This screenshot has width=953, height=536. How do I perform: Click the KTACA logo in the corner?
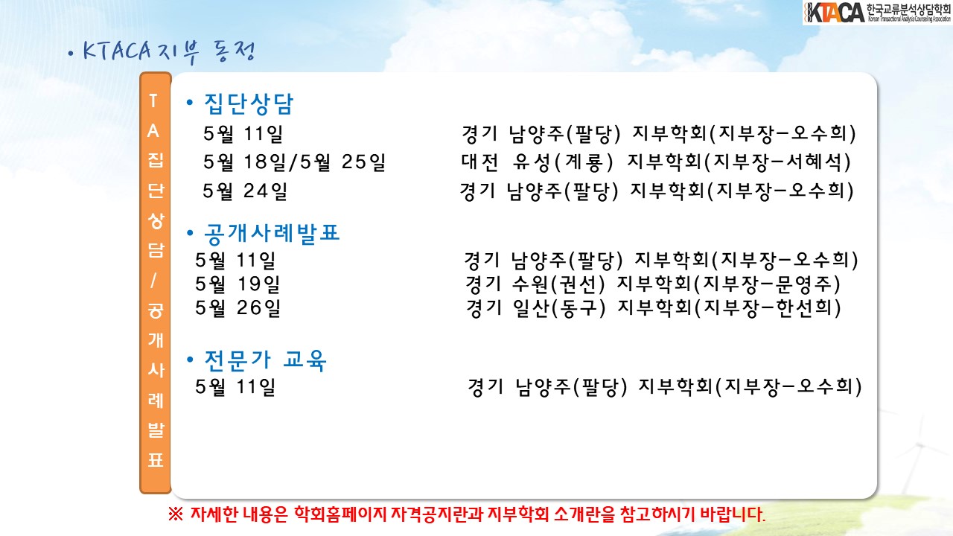pos(877,13)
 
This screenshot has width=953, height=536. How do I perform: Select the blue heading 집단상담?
pos(249,103)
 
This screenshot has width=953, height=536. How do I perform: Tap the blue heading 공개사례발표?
pos(272,234)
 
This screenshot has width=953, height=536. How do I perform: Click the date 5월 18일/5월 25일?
pos(294,162)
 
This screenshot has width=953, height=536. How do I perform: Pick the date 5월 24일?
pos(245,191)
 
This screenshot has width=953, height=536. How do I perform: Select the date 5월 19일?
pos(238,284)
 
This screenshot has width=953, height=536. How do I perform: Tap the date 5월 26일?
pos(238,308)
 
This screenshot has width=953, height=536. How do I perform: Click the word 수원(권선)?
pos(558,284)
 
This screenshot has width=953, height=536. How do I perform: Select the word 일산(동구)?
pos(559,308)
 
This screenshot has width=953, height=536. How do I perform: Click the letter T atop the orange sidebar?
pos(153,100)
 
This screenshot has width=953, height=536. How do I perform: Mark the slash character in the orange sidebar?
pos(153,281)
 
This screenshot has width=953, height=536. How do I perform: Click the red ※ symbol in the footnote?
pos(175,514)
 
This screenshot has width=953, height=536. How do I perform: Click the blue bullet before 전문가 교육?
pos(190,360)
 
